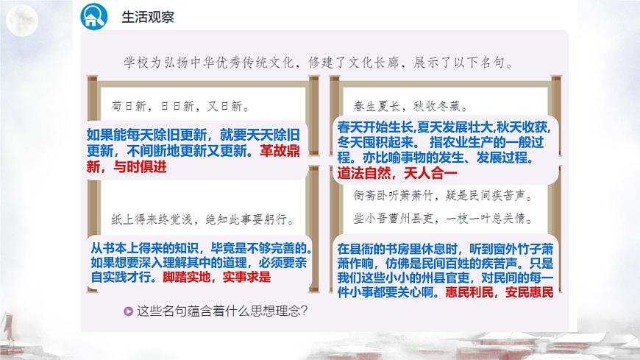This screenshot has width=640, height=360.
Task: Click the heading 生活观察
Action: [x=143, y=15]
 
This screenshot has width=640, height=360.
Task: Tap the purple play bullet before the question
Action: [x=129, y=310]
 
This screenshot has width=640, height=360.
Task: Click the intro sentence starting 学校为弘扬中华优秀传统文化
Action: [x=309, y=63]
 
